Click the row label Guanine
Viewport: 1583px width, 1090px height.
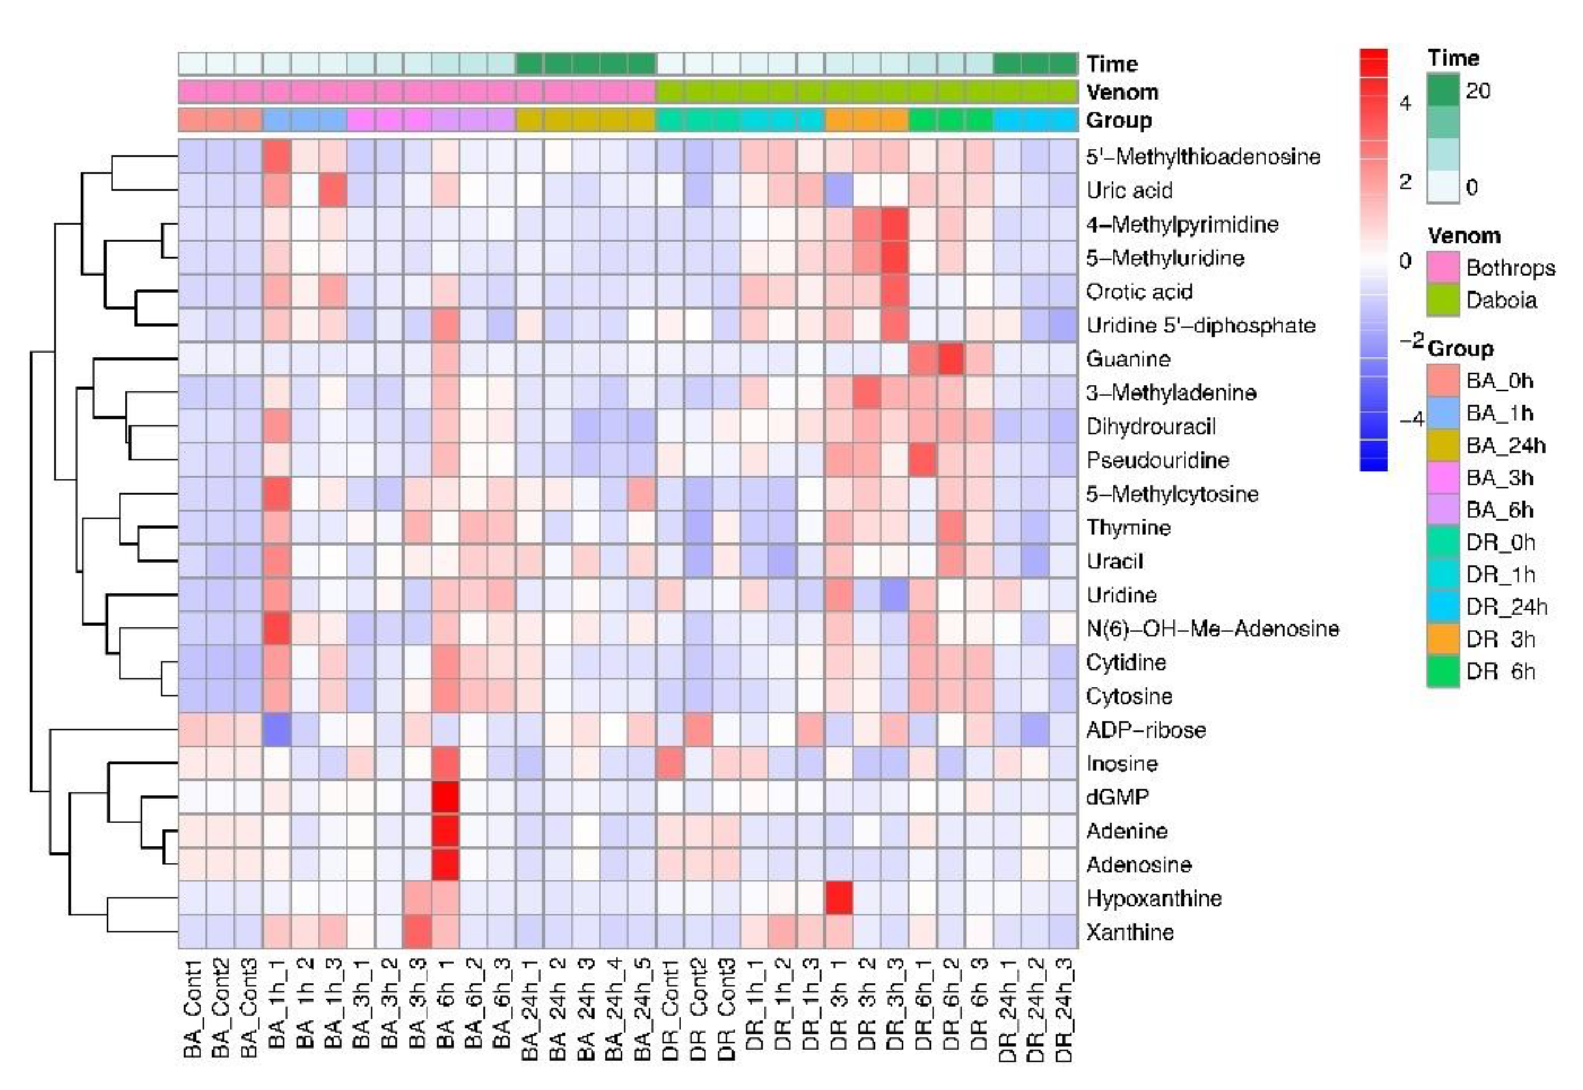[1127, 358]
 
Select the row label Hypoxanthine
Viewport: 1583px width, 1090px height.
[1153, 898]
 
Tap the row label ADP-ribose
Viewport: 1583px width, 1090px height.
[1145, 729]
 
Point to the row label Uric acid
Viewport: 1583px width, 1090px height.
[1129, 190]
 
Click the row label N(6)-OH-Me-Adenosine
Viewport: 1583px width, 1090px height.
[1212, 628]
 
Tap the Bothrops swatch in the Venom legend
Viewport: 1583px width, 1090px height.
[1443, 268]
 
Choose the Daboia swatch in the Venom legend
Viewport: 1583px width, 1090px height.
[1443, 300]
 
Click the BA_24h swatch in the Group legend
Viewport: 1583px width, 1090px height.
[1443, 445]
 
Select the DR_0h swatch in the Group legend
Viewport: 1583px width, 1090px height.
[1443, 542]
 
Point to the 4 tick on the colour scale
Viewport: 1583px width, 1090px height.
[1405, 103]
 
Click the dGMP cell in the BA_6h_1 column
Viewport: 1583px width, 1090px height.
[445, 797]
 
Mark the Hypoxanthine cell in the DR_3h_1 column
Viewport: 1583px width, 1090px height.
[839, 898]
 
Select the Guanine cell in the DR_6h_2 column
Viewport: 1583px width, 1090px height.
[951, 358]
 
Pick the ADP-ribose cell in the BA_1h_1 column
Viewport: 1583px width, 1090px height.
[277, 729]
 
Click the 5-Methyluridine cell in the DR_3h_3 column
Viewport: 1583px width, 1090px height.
[895, 257]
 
